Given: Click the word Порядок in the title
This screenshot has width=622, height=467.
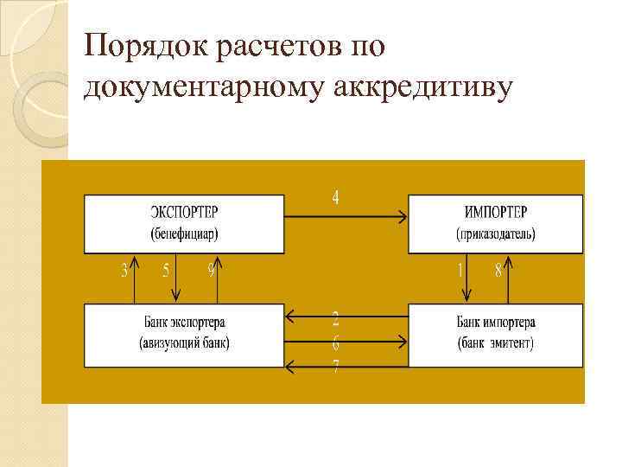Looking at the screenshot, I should (142, 46).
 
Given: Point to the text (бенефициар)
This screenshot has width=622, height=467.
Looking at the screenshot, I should (184, 233).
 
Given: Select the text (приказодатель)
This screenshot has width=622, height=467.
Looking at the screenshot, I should (496, 233).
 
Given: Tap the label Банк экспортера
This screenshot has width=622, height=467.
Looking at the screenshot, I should (184, 323).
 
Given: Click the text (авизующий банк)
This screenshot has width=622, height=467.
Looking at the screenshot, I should (184, 343).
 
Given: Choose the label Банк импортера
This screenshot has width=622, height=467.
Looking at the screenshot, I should (496, 323).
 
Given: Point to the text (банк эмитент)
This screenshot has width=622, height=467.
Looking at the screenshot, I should (496, 343).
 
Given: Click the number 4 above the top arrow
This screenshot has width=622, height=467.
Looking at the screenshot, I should (336, 198).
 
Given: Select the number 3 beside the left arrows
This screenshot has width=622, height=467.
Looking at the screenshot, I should (124, 271).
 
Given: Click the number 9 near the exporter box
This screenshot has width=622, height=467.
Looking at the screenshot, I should (211, 271).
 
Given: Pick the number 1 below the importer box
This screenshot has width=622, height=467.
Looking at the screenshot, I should (460, 271).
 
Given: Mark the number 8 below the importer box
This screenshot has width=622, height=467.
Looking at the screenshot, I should (498, 271).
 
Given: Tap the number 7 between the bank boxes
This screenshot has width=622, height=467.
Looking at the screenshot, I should (336, 367).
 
